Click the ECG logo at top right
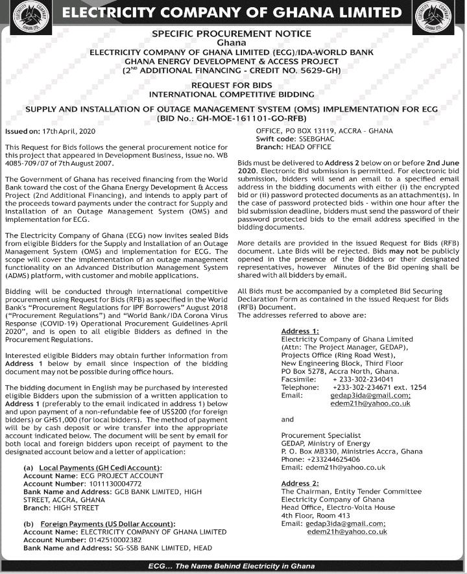446,14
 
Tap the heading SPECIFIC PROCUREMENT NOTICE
231,34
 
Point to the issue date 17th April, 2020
67,132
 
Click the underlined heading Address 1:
300,331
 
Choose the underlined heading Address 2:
300,484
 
